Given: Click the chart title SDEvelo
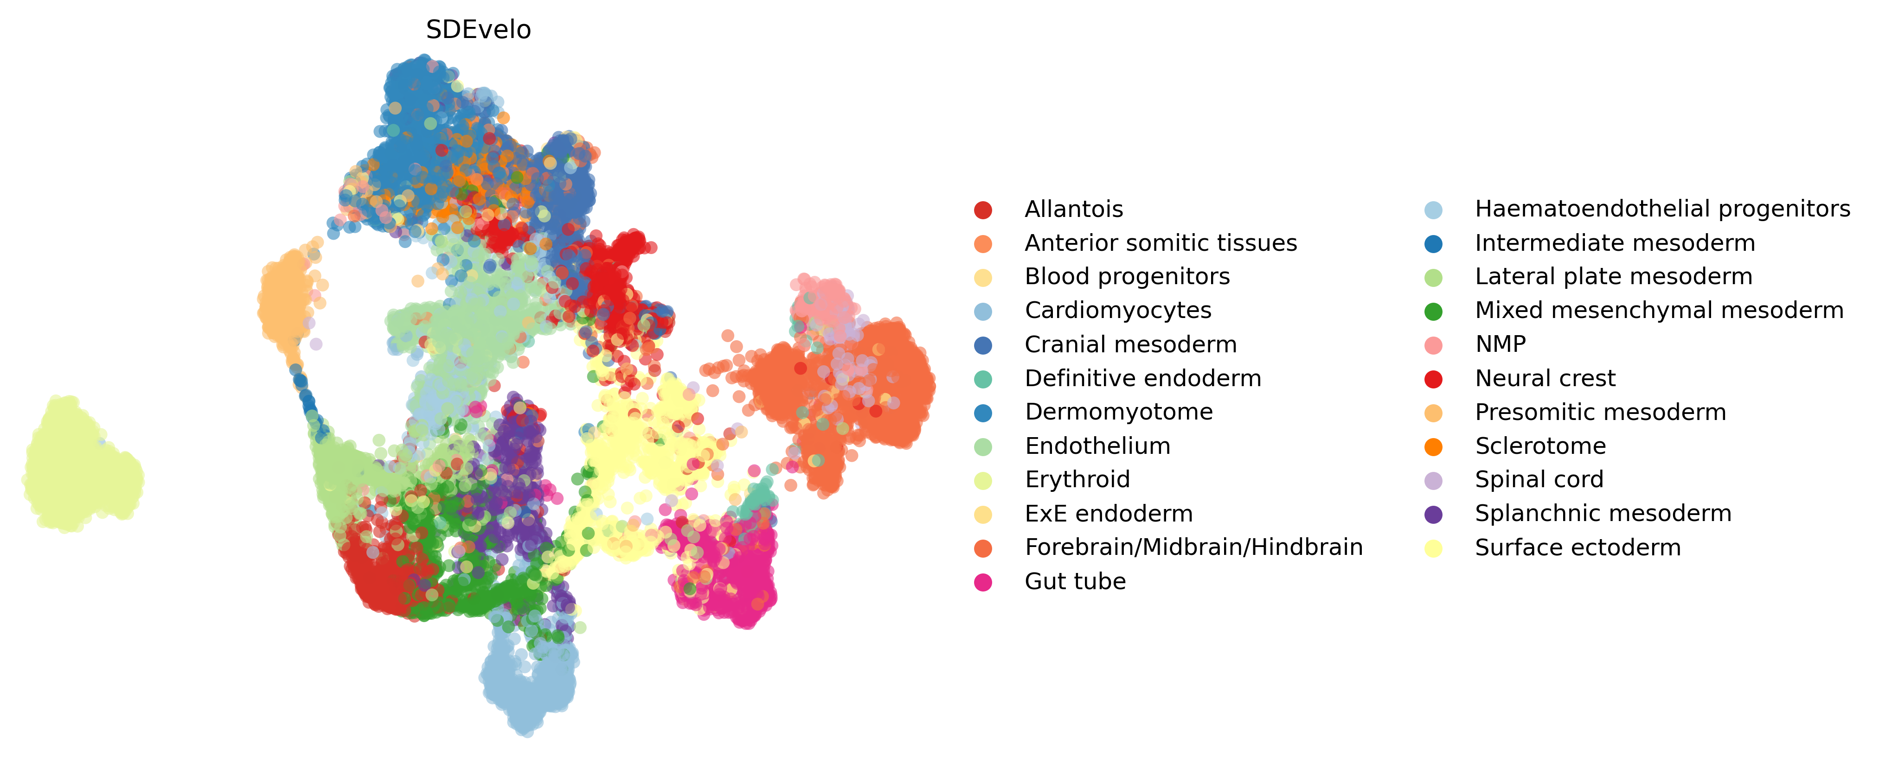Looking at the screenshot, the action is click(x=479, y=30).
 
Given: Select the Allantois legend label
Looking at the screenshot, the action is click(x=1074, y=210).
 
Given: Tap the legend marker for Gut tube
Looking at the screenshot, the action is click(x=983, y=582).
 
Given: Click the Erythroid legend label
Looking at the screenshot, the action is click(x=1077, y=479).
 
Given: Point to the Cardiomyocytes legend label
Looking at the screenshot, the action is click(x=1118, y=311).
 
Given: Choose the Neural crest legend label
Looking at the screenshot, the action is click(x=1545, y=378).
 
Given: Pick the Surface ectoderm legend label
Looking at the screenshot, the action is click(x=1578, y=547).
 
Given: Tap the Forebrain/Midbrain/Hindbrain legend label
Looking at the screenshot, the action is click(x=1193, y=547).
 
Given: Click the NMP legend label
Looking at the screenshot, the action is click(x=1501, y=344).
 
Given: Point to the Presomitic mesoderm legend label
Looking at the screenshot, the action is click(x=1600, y=412).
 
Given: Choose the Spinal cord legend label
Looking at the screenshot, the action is click(x=1539, y=479).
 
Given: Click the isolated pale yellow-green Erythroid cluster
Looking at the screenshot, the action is click(x=82, y=464).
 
